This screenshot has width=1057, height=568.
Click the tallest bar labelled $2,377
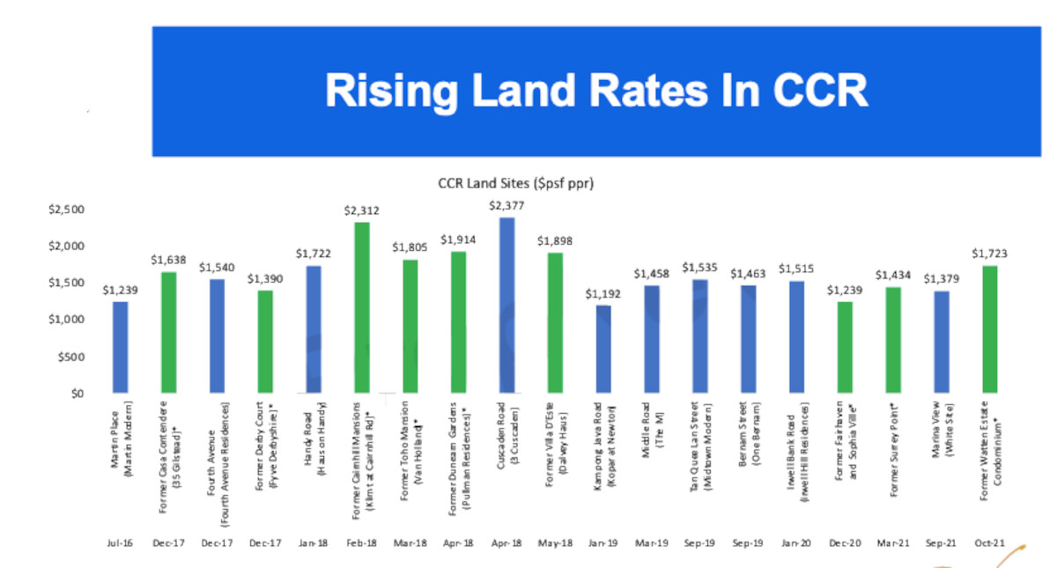[x=506, y=304]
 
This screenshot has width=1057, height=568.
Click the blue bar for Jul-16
[x=121, y=347]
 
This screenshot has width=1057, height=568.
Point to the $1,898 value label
[x=555, y=241]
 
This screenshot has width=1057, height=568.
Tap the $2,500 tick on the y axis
[x=67, y=210]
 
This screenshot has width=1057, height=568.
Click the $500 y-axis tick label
[x=72, y=357]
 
